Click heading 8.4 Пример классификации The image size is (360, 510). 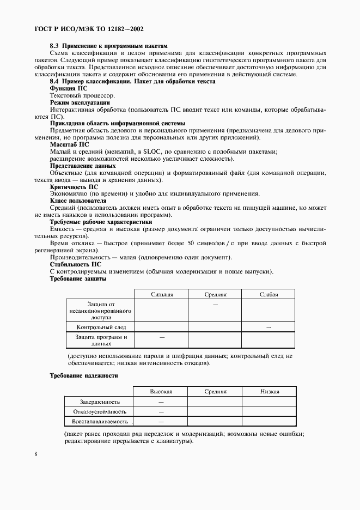click(x=132, y=81)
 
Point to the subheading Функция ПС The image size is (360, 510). click(x=68, y=88)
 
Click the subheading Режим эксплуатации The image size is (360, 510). click(x=80, y=102)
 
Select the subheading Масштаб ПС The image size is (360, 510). click(x=69, y=144)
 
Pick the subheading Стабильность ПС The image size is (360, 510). click(x=75, y=264)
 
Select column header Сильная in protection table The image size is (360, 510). click(x=162, y=294)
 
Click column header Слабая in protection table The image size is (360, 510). click(x=269, y=294)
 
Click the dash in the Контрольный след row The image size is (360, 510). click(x=269, y=327)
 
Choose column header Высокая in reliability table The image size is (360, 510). click(x=161, y=391)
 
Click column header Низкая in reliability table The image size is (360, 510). click(x=269, y=391)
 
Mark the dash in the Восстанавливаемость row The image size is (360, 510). click(x=161, y=422)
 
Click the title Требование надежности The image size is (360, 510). click(x=83, y=376)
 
